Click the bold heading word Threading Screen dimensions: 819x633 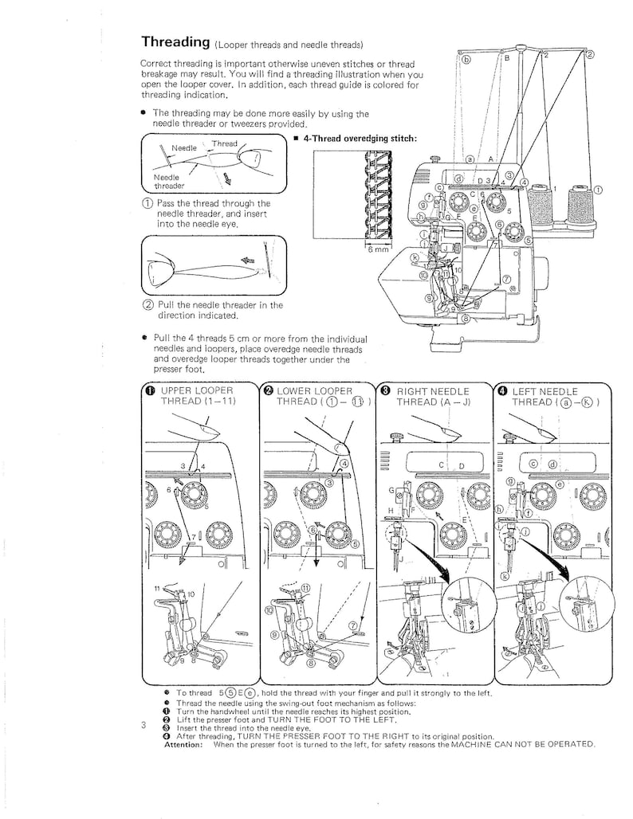coord(175,41)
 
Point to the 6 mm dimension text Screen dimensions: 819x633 coord(377,249)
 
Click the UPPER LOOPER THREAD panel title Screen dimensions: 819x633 coord(198,396)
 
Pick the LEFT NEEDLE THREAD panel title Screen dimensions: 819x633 coord(551,396)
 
